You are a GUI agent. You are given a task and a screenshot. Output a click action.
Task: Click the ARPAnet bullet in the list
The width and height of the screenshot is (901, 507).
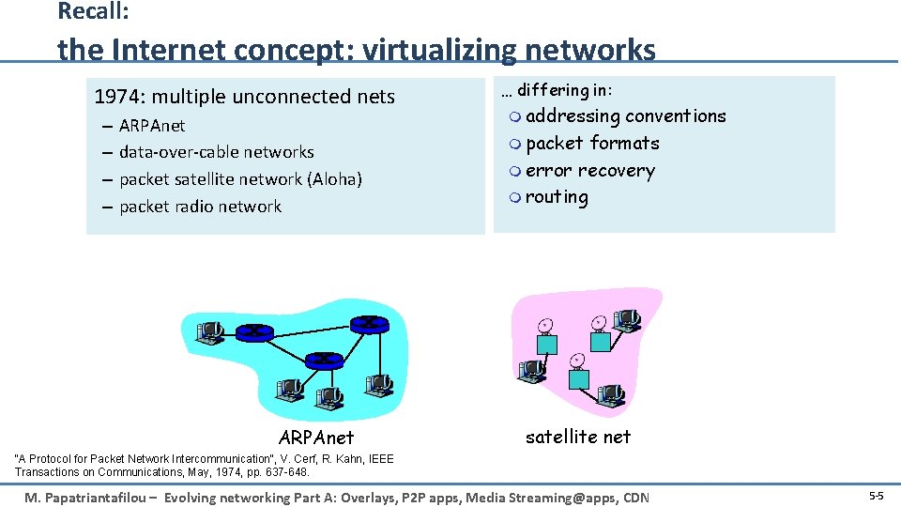point(152,126)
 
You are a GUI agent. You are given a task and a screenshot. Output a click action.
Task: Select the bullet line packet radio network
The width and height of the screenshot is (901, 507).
point(200,207)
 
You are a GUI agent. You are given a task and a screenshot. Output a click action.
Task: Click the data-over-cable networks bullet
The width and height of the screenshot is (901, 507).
point(216,152)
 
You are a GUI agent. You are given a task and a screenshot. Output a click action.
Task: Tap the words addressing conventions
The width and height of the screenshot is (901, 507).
point(625,116)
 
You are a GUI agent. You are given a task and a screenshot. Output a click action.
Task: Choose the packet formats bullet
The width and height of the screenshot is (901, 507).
point(592,144)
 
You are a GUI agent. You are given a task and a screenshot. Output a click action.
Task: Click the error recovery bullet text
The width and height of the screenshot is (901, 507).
point(589,171)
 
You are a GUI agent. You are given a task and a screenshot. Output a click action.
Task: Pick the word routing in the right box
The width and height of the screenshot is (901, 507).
point(557,198)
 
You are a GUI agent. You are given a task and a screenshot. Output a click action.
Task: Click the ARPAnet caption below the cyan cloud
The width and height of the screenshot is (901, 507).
point(316,438)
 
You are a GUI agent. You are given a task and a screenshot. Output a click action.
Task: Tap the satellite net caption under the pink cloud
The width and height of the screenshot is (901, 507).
point(578,437)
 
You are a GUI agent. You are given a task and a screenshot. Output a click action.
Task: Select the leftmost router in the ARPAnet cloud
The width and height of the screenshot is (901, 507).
point(253,331)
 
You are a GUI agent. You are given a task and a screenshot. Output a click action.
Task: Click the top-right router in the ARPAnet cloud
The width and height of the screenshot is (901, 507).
point(369,323)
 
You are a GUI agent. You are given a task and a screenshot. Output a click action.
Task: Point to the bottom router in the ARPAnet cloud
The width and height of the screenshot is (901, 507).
point(324,360)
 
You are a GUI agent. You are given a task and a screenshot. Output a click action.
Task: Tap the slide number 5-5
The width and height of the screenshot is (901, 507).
point(875,495)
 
